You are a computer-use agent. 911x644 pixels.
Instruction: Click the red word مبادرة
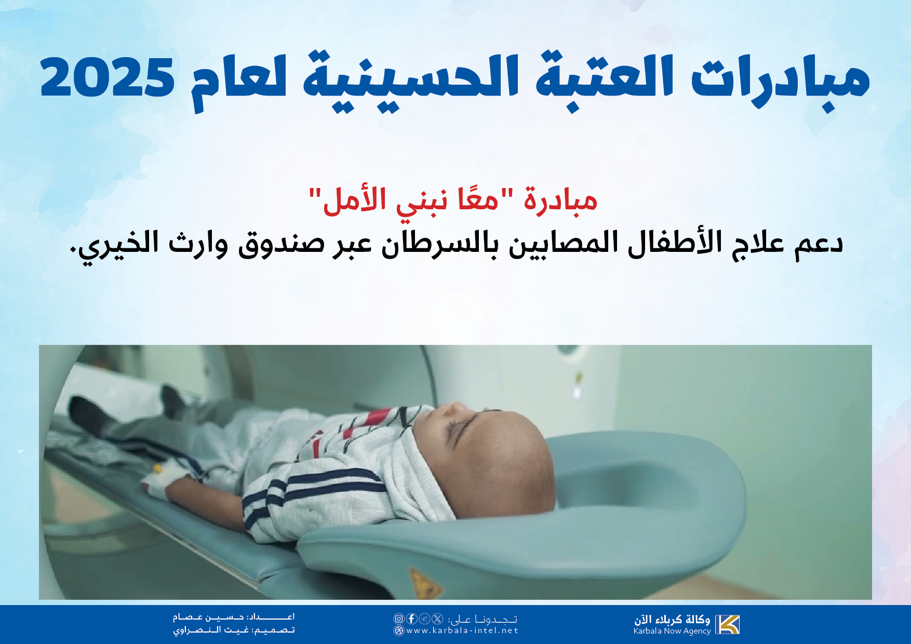tap(560, 200)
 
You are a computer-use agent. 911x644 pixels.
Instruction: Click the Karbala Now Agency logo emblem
tap(727, 624)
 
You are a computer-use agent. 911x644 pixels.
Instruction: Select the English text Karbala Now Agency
tap(672, 631)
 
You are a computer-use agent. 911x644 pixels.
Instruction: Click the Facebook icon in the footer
tap(412, 619)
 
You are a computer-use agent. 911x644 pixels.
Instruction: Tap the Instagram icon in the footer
tap(398, 619)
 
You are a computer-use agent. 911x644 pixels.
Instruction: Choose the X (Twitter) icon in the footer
tap(438, 619)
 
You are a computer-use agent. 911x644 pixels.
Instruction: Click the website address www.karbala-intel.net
tap(462, 630)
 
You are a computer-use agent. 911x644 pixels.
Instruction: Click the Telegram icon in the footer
tap(425, 619)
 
